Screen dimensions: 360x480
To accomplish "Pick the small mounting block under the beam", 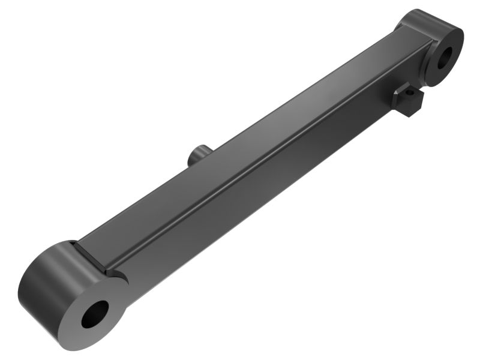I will pos(408,101).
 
